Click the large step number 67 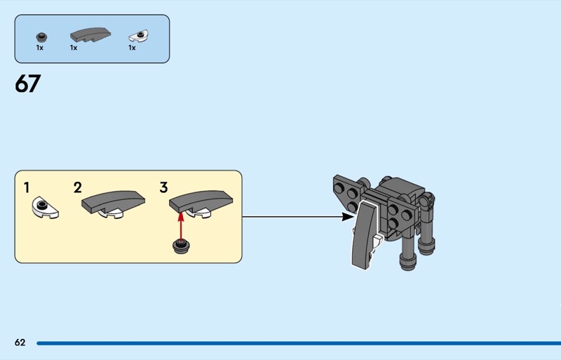tap(28, 84)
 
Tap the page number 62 tap(20, 342)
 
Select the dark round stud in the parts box tap(41, 36)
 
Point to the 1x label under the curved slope tap(74, 48)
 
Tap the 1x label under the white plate tap(132, 48)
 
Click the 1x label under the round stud tap(40, 48)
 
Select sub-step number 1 tap(27, 187)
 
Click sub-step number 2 tap(77, 187)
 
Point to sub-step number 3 tap(163, 187)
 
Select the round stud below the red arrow tap(181, 246)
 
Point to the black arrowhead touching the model tap(348, 217)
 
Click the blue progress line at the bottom tap(295, 343)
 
